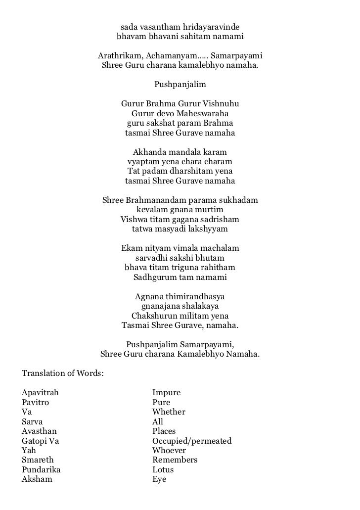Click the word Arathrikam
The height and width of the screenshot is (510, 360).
(x=117, y=55)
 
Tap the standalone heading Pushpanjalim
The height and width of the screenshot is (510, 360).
(x=180, y=85)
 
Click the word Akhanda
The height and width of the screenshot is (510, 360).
(x=149, y=152)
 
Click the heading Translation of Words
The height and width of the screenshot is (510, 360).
(x=62, y=373)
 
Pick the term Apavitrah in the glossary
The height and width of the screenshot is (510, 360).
(x=41, y=393)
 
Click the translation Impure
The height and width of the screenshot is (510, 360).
(x=166, y=393)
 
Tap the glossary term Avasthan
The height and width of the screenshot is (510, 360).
(x=39, y=431)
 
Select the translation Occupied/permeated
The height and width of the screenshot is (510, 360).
(x=192, y=441)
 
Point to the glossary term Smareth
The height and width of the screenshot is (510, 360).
(x=37, y=460)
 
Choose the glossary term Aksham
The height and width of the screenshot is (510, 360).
(x=37, y=479)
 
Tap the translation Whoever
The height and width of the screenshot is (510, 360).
(x=169, y=451)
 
